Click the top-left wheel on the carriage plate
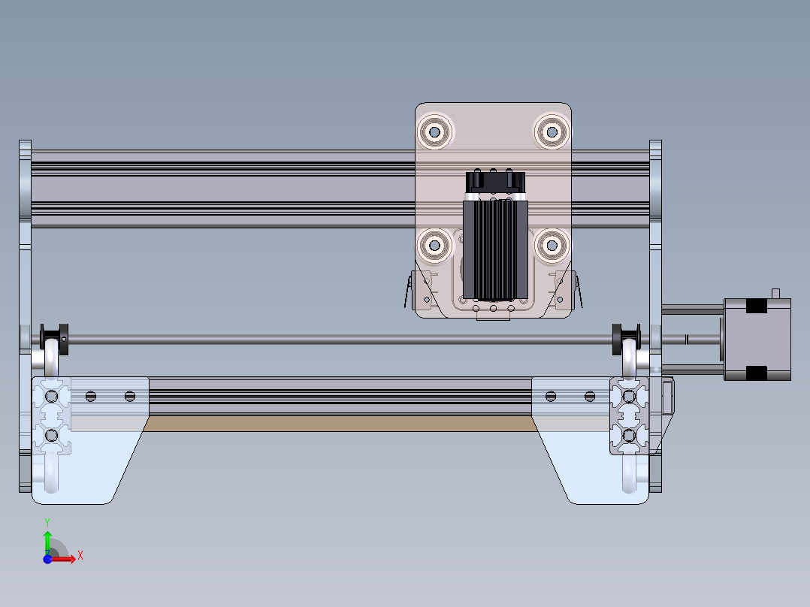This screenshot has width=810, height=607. (x=435, y=131)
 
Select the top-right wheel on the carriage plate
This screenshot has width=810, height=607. (x=552, y=131)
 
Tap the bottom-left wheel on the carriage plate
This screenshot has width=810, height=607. (x=434, y=243)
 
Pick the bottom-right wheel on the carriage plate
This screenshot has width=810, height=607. (x=552, y=243)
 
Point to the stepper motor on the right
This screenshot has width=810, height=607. (x=757, y=339)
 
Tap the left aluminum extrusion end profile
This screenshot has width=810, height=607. (x=51, y=415)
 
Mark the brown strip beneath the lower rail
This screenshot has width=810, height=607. (x=338, y=424)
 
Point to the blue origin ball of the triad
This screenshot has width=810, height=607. (x=47, y=559)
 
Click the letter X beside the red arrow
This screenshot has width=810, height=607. (x=80, y=555)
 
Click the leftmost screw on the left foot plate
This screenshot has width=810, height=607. (x=91, y=396)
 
